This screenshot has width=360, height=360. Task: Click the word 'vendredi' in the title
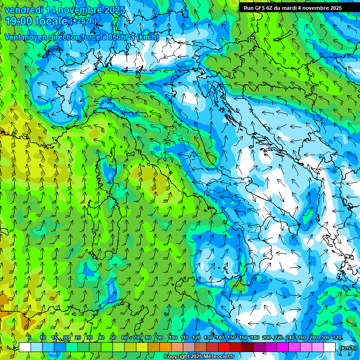coord(22,10)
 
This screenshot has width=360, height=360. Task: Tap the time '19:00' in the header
coord(19,21)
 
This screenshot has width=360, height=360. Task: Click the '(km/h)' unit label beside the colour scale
coord(347,348)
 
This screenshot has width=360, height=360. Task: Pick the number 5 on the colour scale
coord(30,337)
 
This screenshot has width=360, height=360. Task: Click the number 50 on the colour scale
coord(113,337)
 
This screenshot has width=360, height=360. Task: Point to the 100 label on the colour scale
coord(173,337)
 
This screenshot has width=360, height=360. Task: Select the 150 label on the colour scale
coord(232,337)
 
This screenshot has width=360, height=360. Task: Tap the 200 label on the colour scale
coord(267,337)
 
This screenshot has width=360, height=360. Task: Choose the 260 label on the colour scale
coord(302,337)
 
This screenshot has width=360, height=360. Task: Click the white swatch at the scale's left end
coord(25,347)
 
